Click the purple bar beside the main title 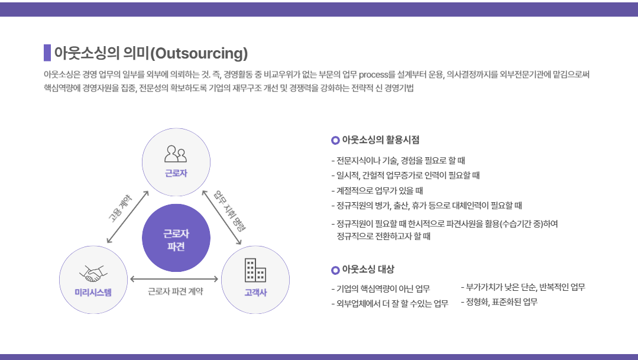(47, 53)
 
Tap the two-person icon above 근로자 (176, 154)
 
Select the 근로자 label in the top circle (176, 173)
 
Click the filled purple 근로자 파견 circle (176, 238)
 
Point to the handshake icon (93, 273)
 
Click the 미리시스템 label (93, 293)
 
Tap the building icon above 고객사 (255, 270)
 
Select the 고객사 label (255, 293)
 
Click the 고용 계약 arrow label (120, 208)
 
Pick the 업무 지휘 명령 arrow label (230, 210)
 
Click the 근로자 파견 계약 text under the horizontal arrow (176, 291)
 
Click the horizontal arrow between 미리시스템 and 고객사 (174, 279)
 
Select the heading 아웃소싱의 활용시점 (380, 140)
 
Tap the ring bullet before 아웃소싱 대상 (335, 270)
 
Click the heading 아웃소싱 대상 (368, 270)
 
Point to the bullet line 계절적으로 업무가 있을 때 (377, 191)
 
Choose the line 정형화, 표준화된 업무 (499, 302)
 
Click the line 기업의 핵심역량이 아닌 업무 (380, 289)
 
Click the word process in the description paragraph (374, 75)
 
